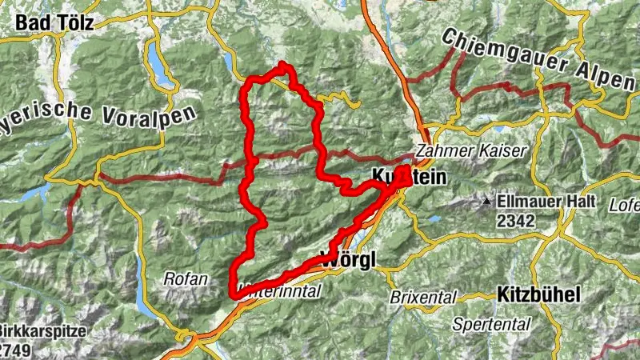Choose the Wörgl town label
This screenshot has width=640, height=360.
(x=346, y=259)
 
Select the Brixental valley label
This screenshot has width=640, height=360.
(x=422, y=297)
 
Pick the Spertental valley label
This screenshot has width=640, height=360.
(x=480, y=324)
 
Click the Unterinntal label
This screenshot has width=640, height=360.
(x=280, y=292)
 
